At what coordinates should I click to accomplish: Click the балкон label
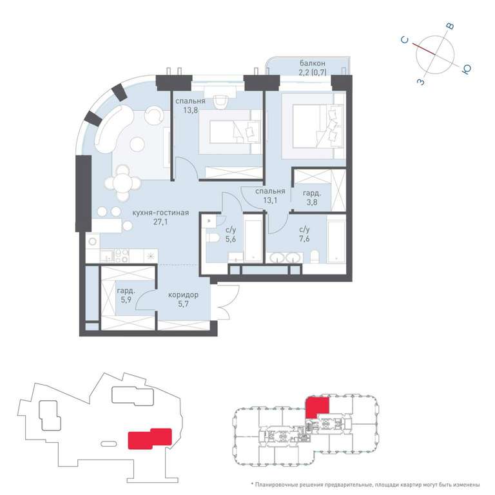point(312,63)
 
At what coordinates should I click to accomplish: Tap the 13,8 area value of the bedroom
point(191,110)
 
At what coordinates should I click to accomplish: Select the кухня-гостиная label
point(160,213)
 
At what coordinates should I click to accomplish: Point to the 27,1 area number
point(160,222)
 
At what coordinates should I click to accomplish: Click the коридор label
point(183,295)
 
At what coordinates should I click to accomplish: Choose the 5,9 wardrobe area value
point(126,300)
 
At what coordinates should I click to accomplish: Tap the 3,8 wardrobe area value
point(312,202)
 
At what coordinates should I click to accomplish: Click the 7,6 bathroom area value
point(304,238)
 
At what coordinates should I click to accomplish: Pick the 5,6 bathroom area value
point(231,239)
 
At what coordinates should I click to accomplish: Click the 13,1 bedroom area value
point(270,200)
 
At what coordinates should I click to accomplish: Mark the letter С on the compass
point(405,40)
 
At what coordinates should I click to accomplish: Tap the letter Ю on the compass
point(467,69)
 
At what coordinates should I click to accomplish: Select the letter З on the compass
point(421,82)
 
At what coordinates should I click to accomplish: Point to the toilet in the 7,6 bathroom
point(315,257)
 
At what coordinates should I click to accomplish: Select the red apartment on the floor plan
point(317,407)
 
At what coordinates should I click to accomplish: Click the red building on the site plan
point(150,438)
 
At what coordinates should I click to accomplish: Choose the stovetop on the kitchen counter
point(122,256)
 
